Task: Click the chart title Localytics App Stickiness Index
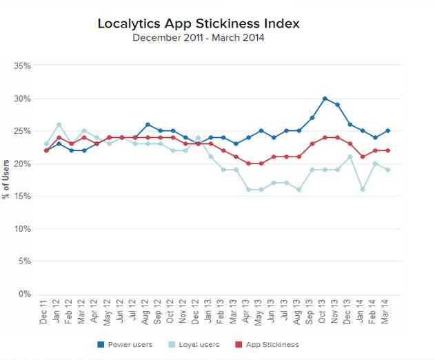click(199, 23)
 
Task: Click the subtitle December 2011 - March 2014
click(199, 37)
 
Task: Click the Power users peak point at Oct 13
click(325, 99)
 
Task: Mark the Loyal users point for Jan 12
click(59, 124)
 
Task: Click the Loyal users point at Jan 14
click(362, 189)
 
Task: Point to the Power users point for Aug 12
click(148, 124)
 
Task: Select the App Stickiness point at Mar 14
click(387, 150)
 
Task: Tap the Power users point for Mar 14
click(387, 131)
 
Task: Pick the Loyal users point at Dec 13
click(350, 157)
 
